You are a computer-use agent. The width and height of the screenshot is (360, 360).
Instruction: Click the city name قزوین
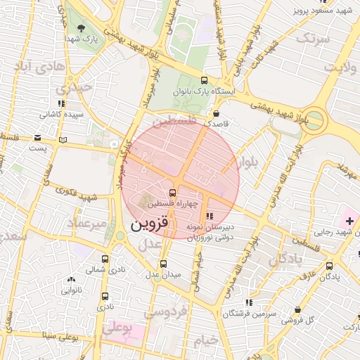(x=150, y=225)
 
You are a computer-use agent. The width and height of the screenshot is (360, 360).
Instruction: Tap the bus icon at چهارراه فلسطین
(x=173, y=193)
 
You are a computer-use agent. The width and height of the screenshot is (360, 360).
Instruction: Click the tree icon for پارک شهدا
(x=82, y=29)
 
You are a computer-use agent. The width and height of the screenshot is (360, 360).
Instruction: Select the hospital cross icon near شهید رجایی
(x=349, y=221)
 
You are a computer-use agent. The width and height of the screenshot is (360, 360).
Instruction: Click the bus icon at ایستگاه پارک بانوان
(x=204, y=80)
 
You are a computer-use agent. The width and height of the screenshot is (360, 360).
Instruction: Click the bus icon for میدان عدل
(x=164, y=264)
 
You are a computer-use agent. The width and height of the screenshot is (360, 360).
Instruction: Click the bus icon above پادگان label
(x=330, y=266)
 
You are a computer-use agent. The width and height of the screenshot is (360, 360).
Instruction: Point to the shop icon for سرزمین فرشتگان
(x=247, y=302)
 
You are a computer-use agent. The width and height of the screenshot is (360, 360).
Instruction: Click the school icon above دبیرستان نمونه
(x=209, y=216)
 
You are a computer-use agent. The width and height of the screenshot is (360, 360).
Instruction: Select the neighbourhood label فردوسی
(x=170, y=309)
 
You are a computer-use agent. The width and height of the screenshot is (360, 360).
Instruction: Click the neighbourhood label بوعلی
(x=117, y=328)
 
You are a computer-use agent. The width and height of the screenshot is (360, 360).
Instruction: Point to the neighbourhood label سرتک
(x=312, y=39)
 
